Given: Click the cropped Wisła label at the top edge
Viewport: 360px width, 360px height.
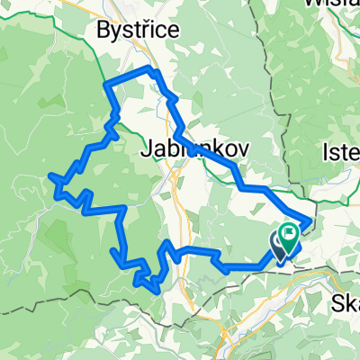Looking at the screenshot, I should click(x=337, y=4).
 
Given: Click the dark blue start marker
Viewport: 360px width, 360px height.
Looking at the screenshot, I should click(x=278, y=243).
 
